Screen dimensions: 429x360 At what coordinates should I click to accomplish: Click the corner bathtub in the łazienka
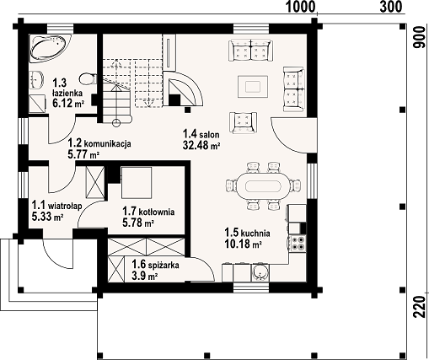[48, 47]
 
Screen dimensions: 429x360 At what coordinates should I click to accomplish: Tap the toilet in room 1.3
[88, 78]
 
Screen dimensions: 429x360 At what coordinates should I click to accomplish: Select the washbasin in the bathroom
[36, 79]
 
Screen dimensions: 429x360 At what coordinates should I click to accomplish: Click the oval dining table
[263, 185]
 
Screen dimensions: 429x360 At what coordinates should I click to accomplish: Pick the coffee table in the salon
[253, 87]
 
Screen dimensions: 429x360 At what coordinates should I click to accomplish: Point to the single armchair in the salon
[243, 122]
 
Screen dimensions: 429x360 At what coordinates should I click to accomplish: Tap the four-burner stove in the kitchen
[298, 244]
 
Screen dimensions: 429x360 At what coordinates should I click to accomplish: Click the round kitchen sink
[260, 272]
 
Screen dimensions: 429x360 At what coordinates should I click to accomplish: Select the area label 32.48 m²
[201, 146]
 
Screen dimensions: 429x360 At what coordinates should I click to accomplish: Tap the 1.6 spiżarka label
[155, 265]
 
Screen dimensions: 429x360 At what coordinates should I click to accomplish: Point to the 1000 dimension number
[300, 7]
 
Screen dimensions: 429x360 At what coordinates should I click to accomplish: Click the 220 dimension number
[420, 306]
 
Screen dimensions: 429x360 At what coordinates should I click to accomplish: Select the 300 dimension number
[391, 7]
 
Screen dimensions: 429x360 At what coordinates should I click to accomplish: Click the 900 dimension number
[420, 37]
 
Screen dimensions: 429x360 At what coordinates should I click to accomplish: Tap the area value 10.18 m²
[244, 244]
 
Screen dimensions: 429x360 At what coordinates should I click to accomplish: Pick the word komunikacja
[108, 144]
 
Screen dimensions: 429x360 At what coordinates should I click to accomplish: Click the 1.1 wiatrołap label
[56, 206]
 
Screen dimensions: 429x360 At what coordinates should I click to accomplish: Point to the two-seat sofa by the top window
[251, 51]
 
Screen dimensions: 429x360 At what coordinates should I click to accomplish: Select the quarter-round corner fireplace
[183, 89]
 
